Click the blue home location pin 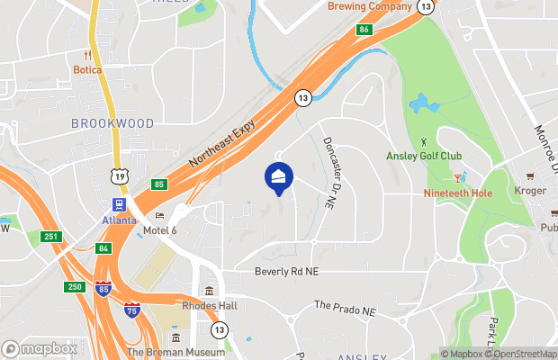click(x=279, y=176)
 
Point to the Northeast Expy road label click(x=222, y=147)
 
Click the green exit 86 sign click(x=364, y=30)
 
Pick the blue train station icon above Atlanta click(x=119, y=205)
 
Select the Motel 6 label click(x=162, y=230)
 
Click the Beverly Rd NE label click(x=288, y=271)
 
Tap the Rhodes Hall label click(x=209, y=306)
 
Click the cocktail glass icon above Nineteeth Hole click(x=458, y=178)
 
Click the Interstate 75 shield click(x=132, y=308)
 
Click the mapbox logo click(x=39, y=348)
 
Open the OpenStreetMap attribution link click(x=525, y=354)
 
